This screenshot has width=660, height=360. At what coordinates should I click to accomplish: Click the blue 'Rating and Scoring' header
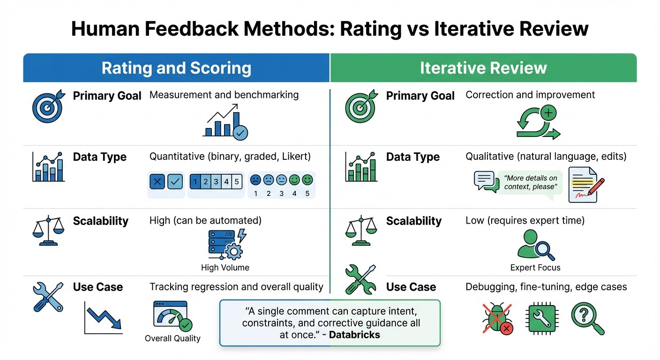[x=176, y=68]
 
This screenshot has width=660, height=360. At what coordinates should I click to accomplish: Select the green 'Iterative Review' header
[x=483, y=68]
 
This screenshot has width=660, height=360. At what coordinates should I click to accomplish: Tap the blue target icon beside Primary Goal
[x=47, y=107]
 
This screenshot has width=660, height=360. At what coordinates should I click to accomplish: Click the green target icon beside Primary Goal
[x=360, y=107]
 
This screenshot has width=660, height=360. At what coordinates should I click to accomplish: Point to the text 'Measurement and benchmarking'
[x=224, y=95]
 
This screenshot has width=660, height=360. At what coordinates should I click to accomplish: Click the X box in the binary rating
[x=157, y=181]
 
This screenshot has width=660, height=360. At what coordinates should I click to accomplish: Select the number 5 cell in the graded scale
[x=237, y=181]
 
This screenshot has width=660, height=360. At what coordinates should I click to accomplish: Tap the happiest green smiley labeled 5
[x=307, y=180]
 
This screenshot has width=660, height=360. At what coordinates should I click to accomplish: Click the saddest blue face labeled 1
[x=255, y=180]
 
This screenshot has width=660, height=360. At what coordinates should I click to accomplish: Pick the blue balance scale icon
[x=48, y=231]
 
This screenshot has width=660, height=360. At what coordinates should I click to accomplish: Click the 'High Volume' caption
[x=225, y=268]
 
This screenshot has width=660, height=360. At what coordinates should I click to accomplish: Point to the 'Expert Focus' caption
[x=535, y=268]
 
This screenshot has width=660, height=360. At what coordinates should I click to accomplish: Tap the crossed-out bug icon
[x=497, y=318]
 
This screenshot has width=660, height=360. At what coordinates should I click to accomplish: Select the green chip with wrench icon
[x=541, y=318]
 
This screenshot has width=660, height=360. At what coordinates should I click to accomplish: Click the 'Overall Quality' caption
[x=172, y=338]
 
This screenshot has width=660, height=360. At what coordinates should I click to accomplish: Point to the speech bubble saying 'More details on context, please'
[x=531, y=183]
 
